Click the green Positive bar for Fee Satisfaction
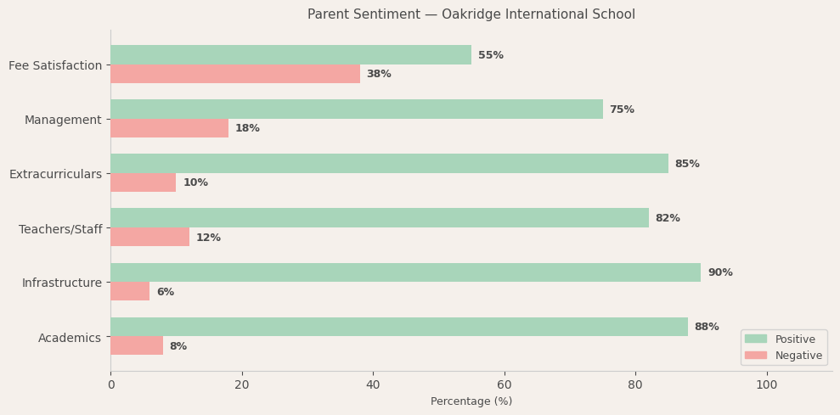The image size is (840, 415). (290, 55)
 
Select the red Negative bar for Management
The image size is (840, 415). (169, 128)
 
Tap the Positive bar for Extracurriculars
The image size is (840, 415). (389, 164)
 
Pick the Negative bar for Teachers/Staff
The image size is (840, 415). (149, 237)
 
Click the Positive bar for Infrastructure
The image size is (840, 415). (405, 272)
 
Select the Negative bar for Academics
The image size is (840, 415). (137, 345)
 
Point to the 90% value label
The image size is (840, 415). (720, 272)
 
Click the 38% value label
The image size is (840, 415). (379, 74)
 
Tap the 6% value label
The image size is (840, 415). (165, 292)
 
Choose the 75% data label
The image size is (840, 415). (622, 109)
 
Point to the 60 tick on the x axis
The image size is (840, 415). (505, 384)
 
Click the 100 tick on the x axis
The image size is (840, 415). (767, 384)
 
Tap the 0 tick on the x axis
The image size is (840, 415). (110, 384)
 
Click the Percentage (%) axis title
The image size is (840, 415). (471, 401)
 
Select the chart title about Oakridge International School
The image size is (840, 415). (471, 14)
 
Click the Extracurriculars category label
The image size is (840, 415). (55, 174)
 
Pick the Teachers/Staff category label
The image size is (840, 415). (60, 229)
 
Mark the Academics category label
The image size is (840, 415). (70, 338)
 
